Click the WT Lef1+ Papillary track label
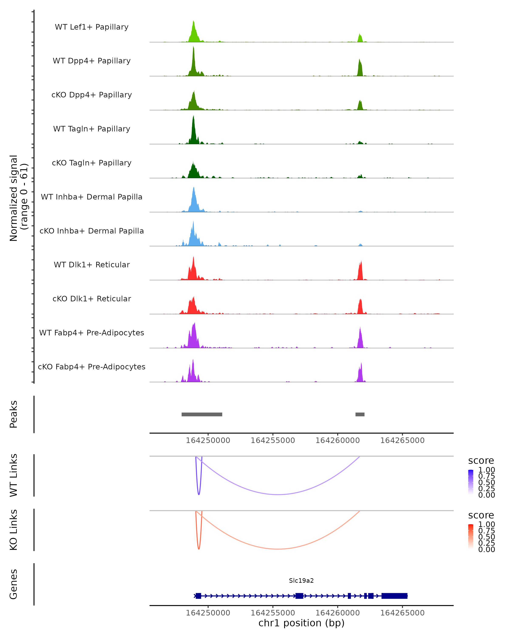[x=92, y=27]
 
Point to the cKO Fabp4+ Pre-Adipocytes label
[x=92, y=367]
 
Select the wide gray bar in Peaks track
[x=202, y=414]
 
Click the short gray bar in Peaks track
[x=360, y=414]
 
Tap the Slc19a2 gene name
[x=301, y=581]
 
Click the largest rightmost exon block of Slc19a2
[x=394, y=596]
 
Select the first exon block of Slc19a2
[x=198, y=596]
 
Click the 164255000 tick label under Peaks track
[x=273, y=440]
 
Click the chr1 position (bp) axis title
[x=301, y=623]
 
